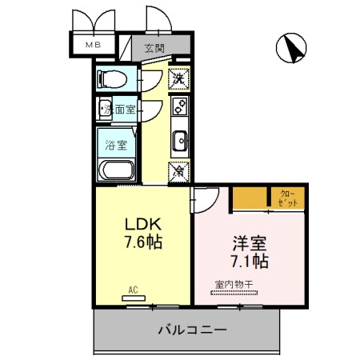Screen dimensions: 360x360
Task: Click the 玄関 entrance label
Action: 154,47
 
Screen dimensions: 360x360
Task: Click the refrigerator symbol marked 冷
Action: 180,170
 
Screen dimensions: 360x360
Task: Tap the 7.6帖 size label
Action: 142,242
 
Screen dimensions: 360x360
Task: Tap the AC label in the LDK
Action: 134,289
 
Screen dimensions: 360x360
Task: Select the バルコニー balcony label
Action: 191,329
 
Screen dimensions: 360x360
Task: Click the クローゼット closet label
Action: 290,198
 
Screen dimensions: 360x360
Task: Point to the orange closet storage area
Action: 251,198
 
